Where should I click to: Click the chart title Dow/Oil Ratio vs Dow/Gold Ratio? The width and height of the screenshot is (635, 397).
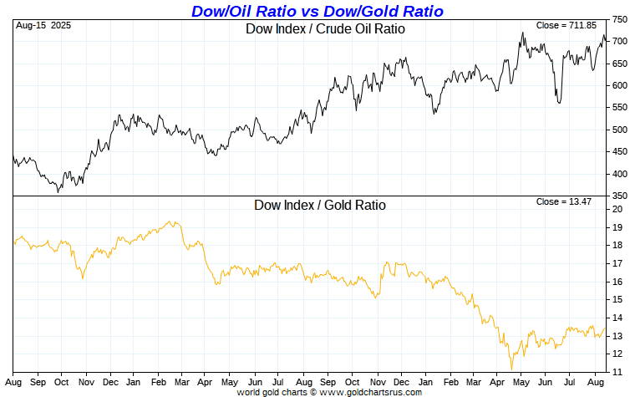coord(317,11)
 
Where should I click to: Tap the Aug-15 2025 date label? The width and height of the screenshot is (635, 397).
coord(43,26)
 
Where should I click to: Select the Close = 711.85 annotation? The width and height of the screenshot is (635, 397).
coord(567,26)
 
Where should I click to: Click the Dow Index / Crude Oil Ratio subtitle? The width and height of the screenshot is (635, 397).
coord(325,29)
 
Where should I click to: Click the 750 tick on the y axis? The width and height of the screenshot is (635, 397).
coord(620,19)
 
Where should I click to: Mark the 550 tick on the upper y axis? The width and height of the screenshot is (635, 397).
coord(620,108)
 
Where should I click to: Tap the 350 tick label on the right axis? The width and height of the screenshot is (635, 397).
coord(620,196)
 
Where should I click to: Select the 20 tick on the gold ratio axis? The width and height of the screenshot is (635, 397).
coord(617,209)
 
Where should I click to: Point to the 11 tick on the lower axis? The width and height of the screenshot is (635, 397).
coord(617,372)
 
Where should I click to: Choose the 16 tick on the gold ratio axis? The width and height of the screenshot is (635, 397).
coord(617,282)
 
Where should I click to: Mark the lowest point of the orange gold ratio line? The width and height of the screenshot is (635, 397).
coord(511,369)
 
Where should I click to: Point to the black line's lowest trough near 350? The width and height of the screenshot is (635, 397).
coord(58,192)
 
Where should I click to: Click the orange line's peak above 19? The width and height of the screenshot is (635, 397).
coord(170,221)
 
